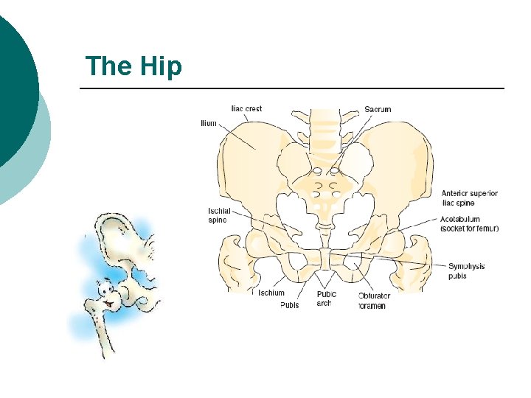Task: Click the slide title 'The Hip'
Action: point(133,66)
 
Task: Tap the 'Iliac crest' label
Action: point(246,109)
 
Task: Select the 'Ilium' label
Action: point(209,123)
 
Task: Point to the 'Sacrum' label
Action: point(378,109)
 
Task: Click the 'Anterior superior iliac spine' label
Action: point(469,198)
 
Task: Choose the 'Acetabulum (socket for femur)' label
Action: point(469,224)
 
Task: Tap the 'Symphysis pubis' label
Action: point(466,270)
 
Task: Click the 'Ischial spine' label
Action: point(218,214)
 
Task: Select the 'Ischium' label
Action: point(271,293)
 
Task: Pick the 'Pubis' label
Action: point(290,305)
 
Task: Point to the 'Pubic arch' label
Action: point(327,298)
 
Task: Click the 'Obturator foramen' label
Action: point(374,301)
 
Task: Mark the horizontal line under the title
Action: point(291,89)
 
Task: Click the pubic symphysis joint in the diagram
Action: point(325,259)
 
